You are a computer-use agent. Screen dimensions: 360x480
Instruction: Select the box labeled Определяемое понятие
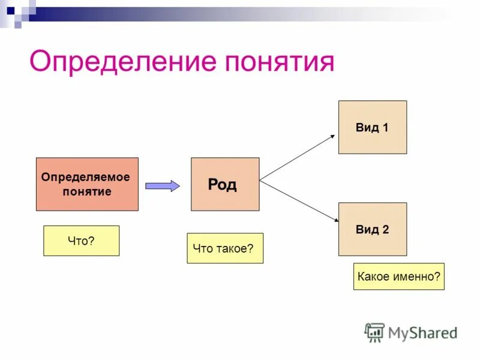[x=87, y=184]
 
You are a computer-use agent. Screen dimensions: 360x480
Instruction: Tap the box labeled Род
[x=225, y=184]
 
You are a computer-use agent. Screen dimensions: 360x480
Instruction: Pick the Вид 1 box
[x=373, y=127]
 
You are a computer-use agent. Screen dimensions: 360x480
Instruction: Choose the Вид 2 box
[x=373, y=229]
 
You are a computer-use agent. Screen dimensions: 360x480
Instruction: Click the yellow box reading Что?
[x=81, y=241]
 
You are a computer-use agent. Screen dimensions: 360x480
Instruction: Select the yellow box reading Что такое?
[x=225, y=248]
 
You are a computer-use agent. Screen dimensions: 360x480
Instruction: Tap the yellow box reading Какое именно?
[x=399, y=276]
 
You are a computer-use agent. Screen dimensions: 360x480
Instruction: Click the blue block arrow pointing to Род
[x=163, y=185]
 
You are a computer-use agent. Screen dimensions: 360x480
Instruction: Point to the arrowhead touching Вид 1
[x=332, y=136]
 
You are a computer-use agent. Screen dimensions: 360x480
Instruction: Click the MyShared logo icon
[x=375, y=332]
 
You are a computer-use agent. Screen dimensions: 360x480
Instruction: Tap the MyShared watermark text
[x=422, y=332]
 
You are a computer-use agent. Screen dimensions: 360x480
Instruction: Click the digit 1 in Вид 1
[x=385, y=127]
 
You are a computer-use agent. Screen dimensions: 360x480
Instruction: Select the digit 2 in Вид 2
[x=385, y=229]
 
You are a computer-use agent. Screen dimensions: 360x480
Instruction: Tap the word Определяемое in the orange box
[x=85, y=178]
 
